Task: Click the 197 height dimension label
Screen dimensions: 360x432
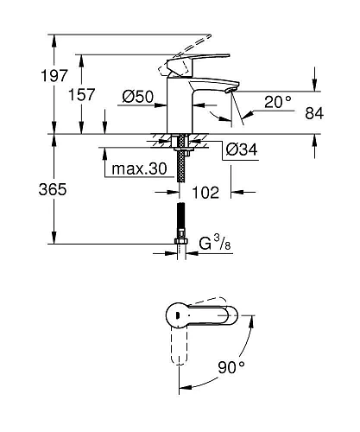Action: (54, 75)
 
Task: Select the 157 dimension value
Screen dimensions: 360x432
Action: (81, 94)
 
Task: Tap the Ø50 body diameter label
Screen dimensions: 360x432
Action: (138, 97)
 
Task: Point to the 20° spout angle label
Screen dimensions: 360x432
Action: (278, 102)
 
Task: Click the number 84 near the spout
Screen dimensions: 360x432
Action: (314, 113)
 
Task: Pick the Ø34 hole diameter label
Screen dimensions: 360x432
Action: (242, 149)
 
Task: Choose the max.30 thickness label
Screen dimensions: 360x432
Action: (139, 168)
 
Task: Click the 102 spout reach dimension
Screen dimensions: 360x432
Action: (205, 193)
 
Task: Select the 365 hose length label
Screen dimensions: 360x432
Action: (53, 189)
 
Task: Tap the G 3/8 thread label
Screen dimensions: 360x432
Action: (215, 243)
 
